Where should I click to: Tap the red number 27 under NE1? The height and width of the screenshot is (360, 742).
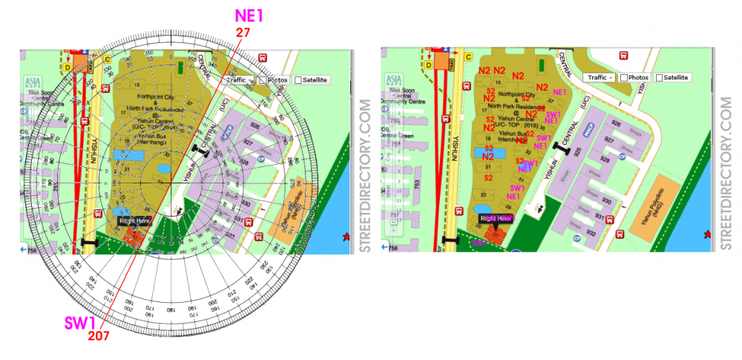tap(243, 33)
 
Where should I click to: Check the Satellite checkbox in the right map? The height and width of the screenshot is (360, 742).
tap(660, 77)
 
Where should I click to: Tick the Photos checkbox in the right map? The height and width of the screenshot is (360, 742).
tap(624, 77)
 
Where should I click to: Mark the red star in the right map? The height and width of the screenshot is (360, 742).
tap(706, 235)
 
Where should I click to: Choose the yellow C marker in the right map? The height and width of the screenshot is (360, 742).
tap(468, 56)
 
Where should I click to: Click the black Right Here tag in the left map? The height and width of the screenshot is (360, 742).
tap(134, 221)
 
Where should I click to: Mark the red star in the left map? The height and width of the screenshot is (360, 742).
tap(346, 235)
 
